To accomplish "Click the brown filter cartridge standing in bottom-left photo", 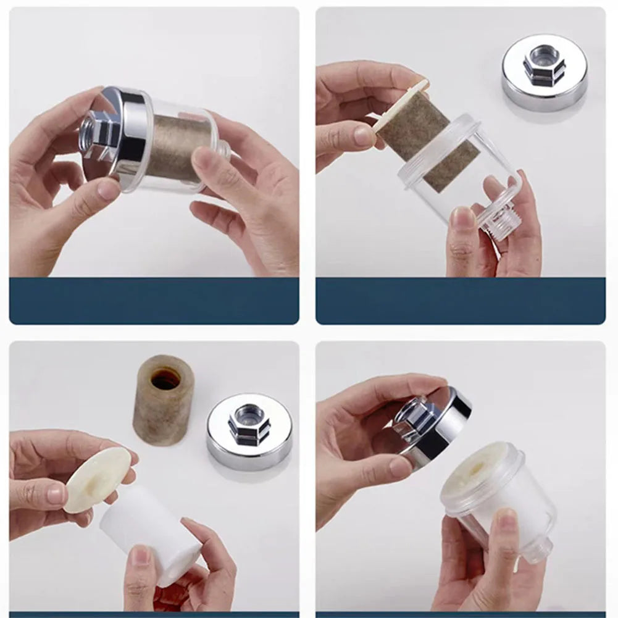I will (164, 401).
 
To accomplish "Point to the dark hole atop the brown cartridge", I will (165, 378).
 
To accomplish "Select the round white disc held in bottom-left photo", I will (97, 480).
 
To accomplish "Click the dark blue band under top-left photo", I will (154, 301).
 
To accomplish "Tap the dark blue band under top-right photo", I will (461, 301).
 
